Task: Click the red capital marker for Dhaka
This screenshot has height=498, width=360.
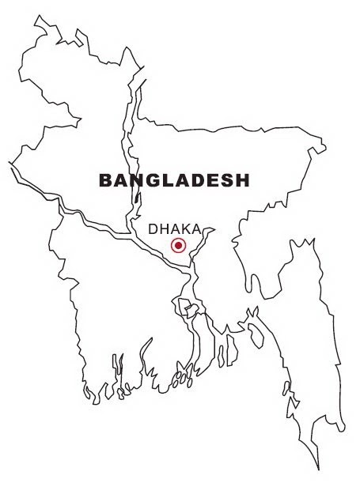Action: [x=178, y=245]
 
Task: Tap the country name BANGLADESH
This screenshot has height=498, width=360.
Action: [x=174, y=180]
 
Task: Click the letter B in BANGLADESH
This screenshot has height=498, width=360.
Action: [x=105, y=180]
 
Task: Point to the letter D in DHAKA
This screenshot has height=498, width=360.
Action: [x=154, y=228]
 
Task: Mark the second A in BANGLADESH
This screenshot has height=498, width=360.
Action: [x=181, y=180]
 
